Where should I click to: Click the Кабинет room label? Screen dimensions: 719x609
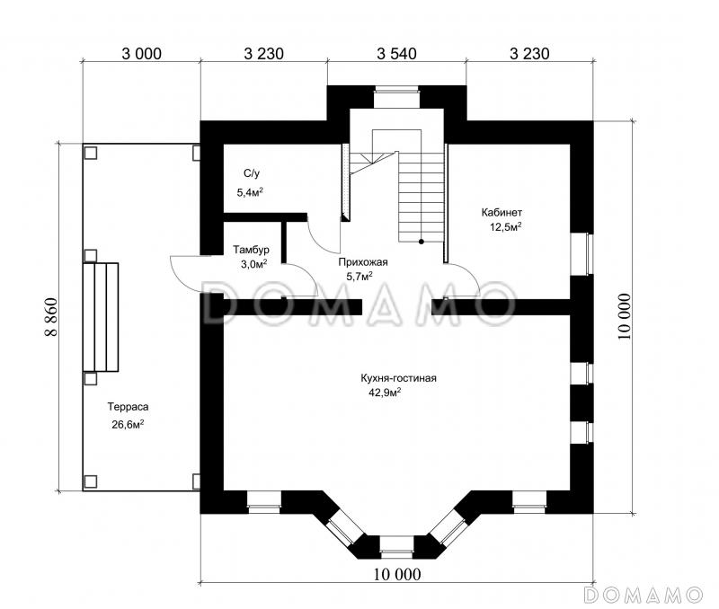tap(502, 213)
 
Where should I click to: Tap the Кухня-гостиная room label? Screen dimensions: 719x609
tap(398, 378)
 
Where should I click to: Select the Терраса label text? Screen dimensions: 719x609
tap(128, 407)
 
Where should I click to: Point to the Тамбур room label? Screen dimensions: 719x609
tap(251, 251)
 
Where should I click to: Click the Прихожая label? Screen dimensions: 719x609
tap(363, 262)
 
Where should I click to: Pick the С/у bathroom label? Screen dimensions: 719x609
tap(252, 173)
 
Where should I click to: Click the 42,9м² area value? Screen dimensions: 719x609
tap(385, 393)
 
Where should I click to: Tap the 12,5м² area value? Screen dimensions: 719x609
tap(506, 227)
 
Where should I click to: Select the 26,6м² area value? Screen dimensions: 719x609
tap(128, 424)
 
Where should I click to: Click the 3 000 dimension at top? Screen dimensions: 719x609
tap(142, 54)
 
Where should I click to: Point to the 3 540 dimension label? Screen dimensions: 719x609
tap(396, 54)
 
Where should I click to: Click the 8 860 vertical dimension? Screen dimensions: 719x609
tap(51, 317)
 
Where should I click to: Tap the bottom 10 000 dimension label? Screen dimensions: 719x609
tap(397, 574)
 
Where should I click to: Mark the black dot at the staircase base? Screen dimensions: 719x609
tap(421, 242)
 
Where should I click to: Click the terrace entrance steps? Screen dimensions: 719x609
tap(101, 317)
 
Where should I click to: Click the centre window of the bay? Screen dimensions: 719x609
tap(397, 549)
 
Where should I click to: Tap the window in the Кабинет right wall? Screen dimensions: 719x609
tap(581, 254)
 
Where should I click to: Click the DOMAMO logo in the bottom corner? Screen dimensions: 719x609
tap(643, 595)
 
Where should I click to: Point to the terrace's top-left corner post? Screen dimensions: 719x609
tap(91, 153)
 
